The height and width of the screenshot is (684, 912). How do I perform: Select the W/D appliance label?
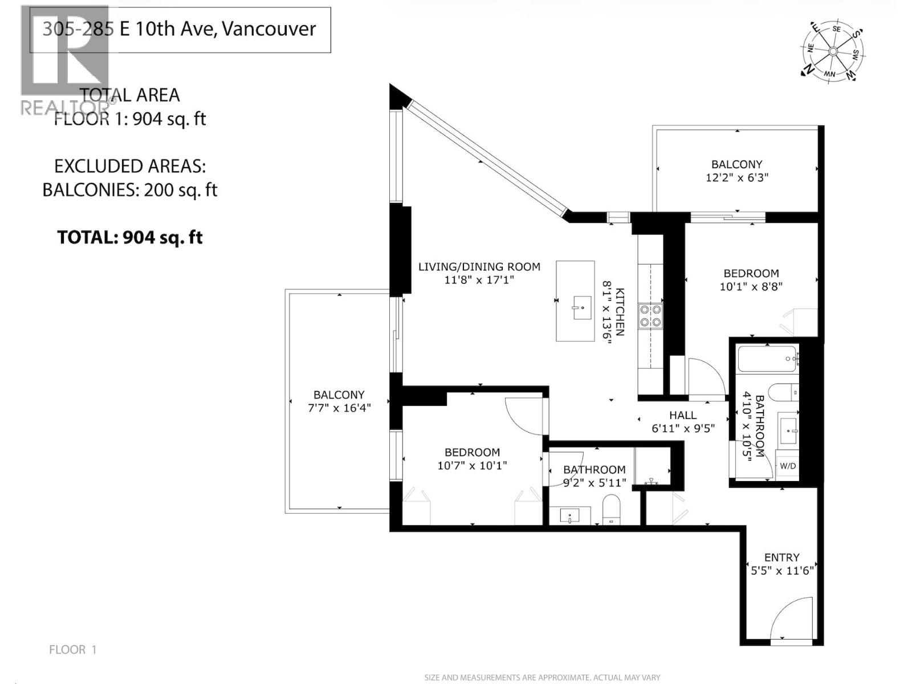click(788, 466)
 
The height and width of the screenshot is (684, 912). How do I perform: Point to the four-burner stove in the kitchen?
click(650, 316)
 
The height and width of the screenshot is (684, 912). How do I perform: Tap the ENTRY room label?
click(781, 557)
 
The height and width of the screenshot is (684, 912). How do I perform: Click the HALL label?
click(682, 416)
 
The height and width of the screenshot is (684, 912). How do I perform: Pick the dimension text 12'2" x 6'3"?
click(737, 177)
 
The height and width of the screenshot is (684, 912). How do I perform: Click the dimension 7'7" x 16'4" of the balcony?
click(339, 408)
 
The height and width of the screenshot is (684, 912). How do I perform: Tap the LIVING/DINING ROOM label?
click(479, 266)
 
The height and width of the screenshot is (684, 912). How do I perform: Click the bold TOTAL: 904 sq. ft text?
click(130, 237)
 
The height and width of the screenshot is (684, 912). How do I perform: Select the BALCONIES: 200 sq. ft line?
click(130, 190)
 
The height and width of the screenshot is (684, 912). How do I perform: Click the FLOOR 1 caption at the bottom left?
click(73, 649)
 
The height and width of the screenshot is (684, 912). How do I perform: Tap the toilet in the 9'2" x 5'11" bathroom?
click(611, 508)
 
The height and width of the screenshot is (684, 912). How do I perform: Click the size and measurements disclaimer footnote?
click(542, 677)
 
